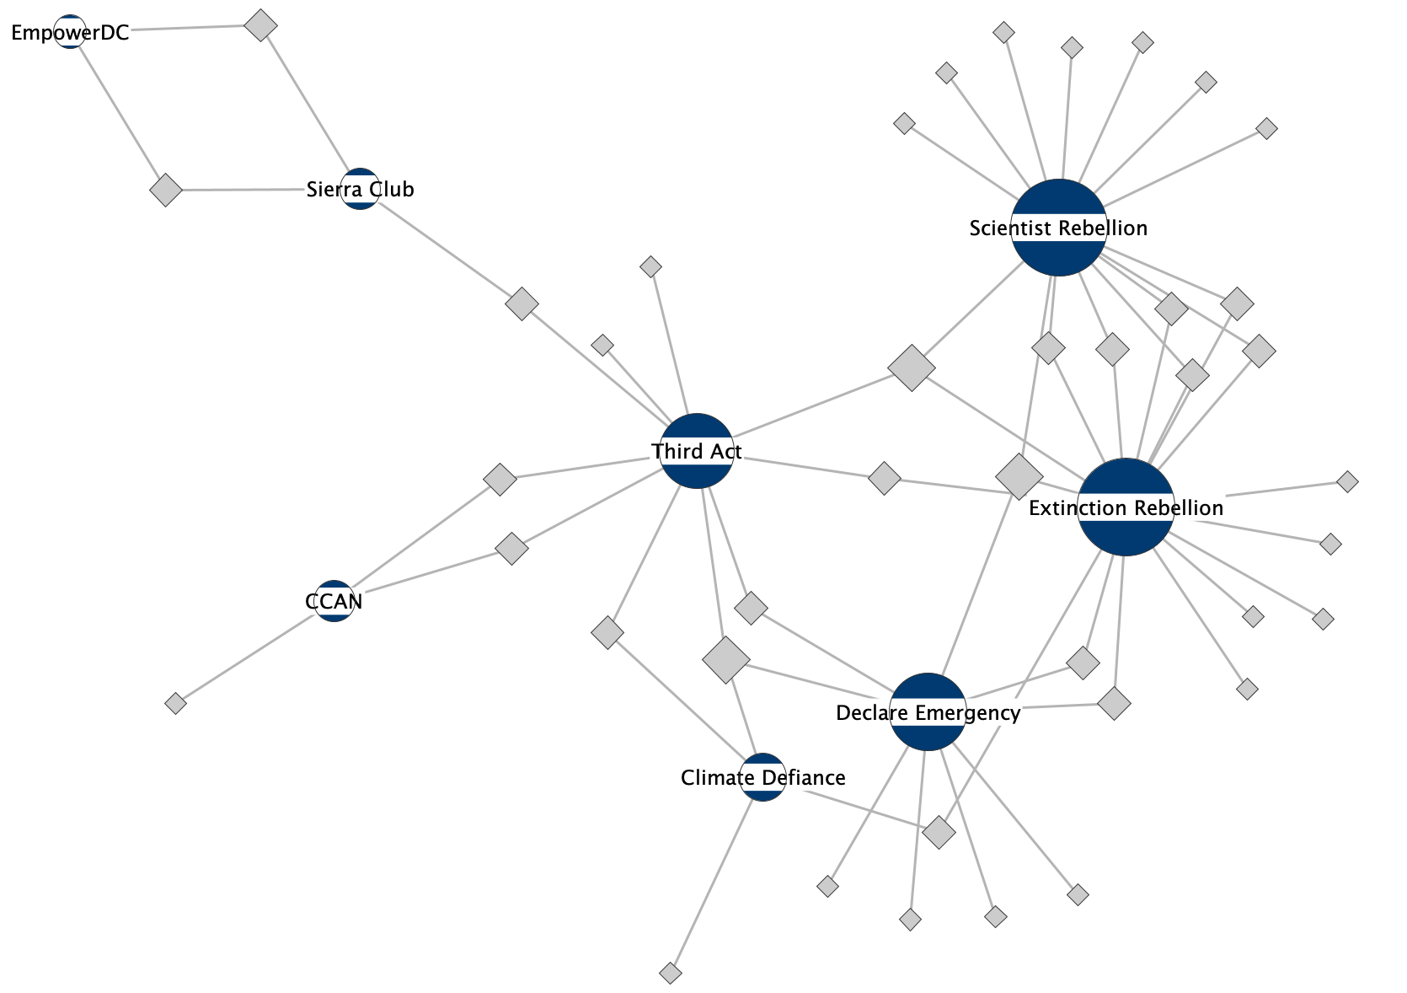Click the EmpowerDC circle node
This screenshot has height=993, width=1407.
70,32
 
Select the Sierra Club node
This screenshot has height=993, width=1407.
360,189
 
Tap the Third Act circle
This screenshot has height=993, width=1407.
697,451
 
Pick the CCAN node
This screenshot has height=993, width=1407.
334,601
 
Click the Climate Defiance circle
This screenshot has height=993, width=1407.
762,777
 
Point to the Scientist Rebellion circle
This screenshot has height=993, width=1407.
1058,228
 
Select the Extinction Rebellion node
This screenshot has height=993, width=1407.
1126,507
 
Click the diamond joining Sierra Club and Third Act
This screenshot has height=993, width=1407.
522,303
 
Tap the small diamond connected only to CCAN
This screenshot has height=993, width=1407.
175,703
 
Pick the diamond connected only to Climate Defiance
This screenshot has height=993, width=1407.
670,974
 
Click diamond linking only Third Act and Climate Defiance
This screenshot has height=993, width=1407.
607,632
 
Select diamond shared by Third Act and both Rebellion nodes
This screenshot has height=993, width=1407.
912,368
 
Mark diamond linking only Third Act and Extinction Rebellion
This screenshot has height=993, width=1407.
884,478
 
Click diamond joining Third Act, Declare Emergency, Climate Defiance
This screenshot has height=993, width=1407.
726,659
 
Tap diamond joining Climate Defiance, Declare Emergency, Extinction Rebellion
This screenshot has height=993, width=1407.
939,832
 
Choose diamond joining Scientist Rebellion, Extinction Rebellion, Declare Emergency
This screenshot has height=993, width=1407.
1019,476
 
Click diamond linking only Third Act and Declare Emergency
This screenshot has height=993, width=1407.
751,607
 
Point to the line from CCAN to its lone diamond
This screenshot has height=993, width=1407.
253,653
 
